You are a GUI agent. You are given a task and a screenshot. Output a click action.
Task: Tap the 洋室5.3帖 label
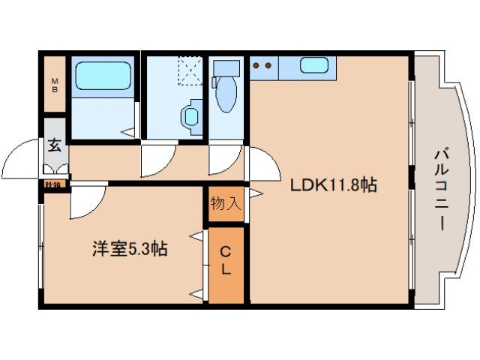(x=130, y=248)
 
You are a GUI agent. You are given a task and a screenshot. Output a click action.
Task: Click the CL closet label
(x=226, y=262)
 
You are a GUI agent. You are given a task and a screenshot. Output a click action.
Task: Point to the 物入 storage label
(x=225, y=202)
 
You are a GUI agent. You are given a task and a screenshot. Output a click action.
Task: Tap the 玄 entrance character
(x=55, y=145)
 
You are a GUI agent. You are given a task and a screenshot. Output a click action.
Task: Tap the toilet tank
(x=224, y=70)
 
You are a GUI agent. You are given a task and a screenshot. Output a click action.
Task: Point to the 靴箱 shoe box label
(x=53, y=183)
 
